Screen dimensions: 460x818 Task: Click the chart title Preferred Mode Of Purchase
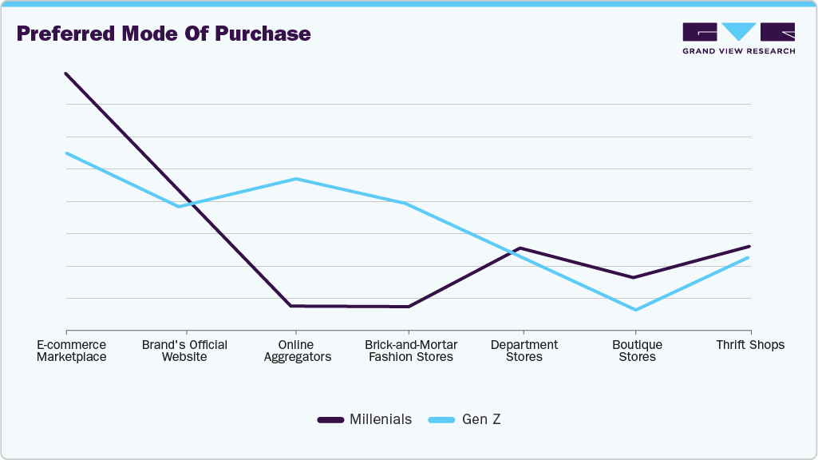pyautogui.click(x=164, y=34)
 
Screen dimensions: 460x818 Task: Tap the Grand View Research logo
pyautogui.click(x=738, y=38)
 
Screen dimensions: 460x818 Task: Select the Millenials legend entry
pyautogui.click(x=365, y=419)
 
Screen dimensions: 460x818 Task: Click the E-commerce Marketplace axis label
pyautogui.click(x=72, y=351)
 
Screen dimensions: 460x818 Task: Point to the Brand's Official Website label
pyautogui.click(x=184, y=351)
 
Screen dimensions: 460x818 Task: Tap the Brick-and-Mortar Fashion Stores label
pyautogui.click(x=411, y=351)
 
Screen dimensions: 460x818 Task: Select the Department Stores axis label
pyautogui.click(x=524, y=351)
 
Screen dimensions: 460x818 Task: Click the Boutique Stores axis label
pyautogui.click(x=637, y=351)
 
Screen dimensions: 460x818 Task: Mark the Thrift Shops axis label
pyautogui.click(x=750, y=345)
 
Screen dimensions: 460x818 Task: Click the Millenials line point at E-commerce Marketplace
pyautogui.click(x=66, y=73)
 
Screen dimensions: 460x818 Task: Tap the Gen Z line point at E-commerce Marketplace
pyautogui.click(x=66, y=153)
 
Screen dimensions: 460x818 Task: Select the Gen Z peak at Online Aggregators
pyautogui.click(x=296, y=179)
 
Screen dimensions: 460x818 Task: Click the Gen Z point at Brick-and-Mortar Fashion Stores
pyautogui.click(x=408, y=204)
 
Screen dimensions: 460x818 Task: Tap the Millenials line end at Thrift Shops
pyautogui.click(x=750, y=246)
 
